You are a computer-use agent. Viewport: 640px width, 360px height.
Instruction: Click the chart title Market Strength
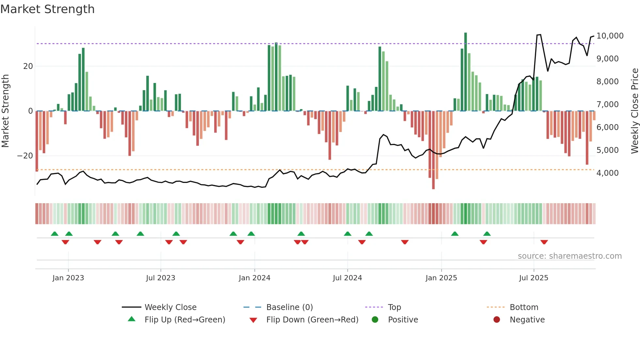tap(47, 9)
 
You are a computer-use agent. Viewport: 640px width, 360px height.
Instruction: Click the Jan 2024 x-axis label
tap(254, 278)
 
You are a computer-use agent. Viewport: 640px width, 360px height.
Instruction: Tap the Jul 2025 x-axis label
tap(534, 278)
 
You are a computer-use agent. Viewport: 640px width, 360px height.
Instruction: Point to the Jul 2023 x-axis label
tap(160, 278)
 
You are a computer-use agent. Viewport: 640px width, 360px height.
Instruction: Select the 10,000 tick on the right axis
tap(610, 36)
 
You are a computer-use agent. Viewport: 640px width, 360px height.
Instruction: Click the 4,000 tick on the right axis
tap(607, 173)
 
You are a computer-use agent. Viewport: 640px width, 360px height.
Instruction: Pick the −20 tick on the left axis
tap(25, 156)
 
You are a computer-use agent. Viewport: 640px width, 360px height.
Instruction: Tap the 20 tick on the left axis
tap(28, 66)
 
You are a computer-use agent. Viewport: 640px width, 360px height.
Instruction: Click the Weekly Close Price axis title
tap(634, 111)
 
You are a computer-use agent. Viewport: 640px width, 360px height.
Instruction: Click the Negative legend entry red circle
tap(497, 320)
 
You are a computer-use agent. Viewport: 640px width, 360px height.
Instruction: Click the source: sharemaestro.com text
tap(569, 256)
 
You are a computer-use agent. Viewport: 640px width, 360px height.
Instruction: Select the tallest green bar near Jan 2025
tap(466, 72)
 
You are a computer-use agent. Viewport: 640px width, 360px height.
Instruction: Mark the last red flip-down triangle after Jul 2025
tap(544, 242)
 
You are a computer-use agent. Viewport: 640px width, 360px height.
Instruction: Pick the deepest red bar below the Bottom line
tap(433, 150)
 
